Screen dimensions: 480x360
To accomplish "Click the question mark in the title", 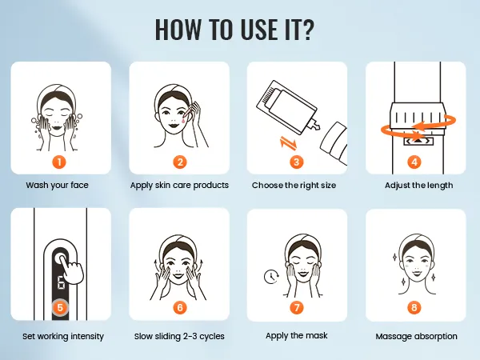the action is (306, 29).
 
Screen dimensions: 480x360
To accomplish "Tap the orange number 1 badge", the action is (59, 162).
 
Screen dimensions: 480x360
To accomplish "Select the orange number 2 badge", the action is (180, 162).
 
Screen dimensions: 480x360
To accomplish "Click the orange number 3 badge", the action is (296, 162).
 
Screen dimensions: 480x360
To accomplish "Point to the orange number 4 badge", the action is (414, 162).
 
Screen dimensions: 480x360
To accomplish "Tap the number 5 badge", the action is (60, 306).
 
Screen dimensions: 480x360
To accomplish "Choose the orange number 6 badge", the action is (180, 307).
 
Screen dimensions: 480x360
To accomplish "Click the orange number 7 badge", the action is (296, 307).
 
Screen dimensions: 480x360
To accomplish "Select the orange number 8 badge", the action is (414, 307).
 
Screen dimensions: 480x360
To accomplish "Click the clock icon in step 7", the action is (271, 277).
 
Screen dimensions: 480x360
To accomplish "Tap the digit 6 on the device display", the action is (62, 283).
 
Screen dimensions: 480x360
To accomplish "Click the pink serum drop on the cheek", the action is (182, 120).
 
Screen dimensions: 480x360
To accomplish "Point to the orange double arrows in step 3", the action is (288, 143).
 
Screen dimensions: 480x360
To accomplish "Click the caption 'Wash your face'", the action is (58, 185).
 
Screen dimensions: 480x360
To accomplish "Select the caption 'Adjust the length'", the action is (418, 186).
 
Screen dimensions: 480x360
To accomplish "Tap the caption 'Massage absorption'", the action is (416, 336).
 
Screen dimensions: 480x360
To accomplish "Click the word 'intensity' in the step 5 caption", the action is (87, 336).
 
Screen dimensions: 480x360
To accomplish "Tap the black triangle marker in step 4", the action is (418, 141).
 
